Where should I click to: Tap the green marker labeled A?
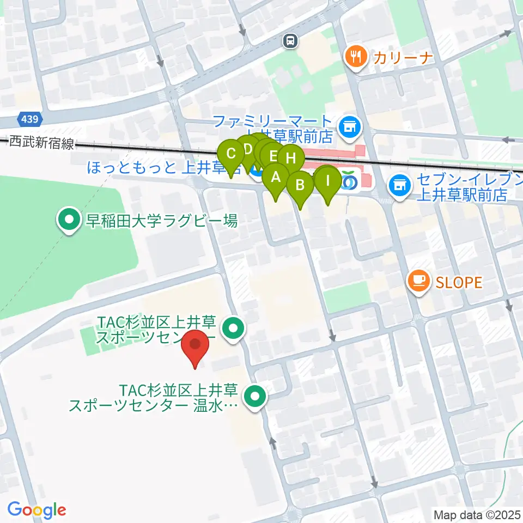[276, 177]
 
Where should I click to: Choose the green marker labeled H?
[291, 159]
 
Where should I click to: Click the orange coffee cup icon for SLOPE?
[419, 281]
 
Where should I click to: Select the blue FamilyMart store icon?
[348, 127]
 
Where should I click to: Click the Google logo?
[37, 509]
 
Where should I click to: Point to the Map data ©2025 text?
[477, 514]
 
